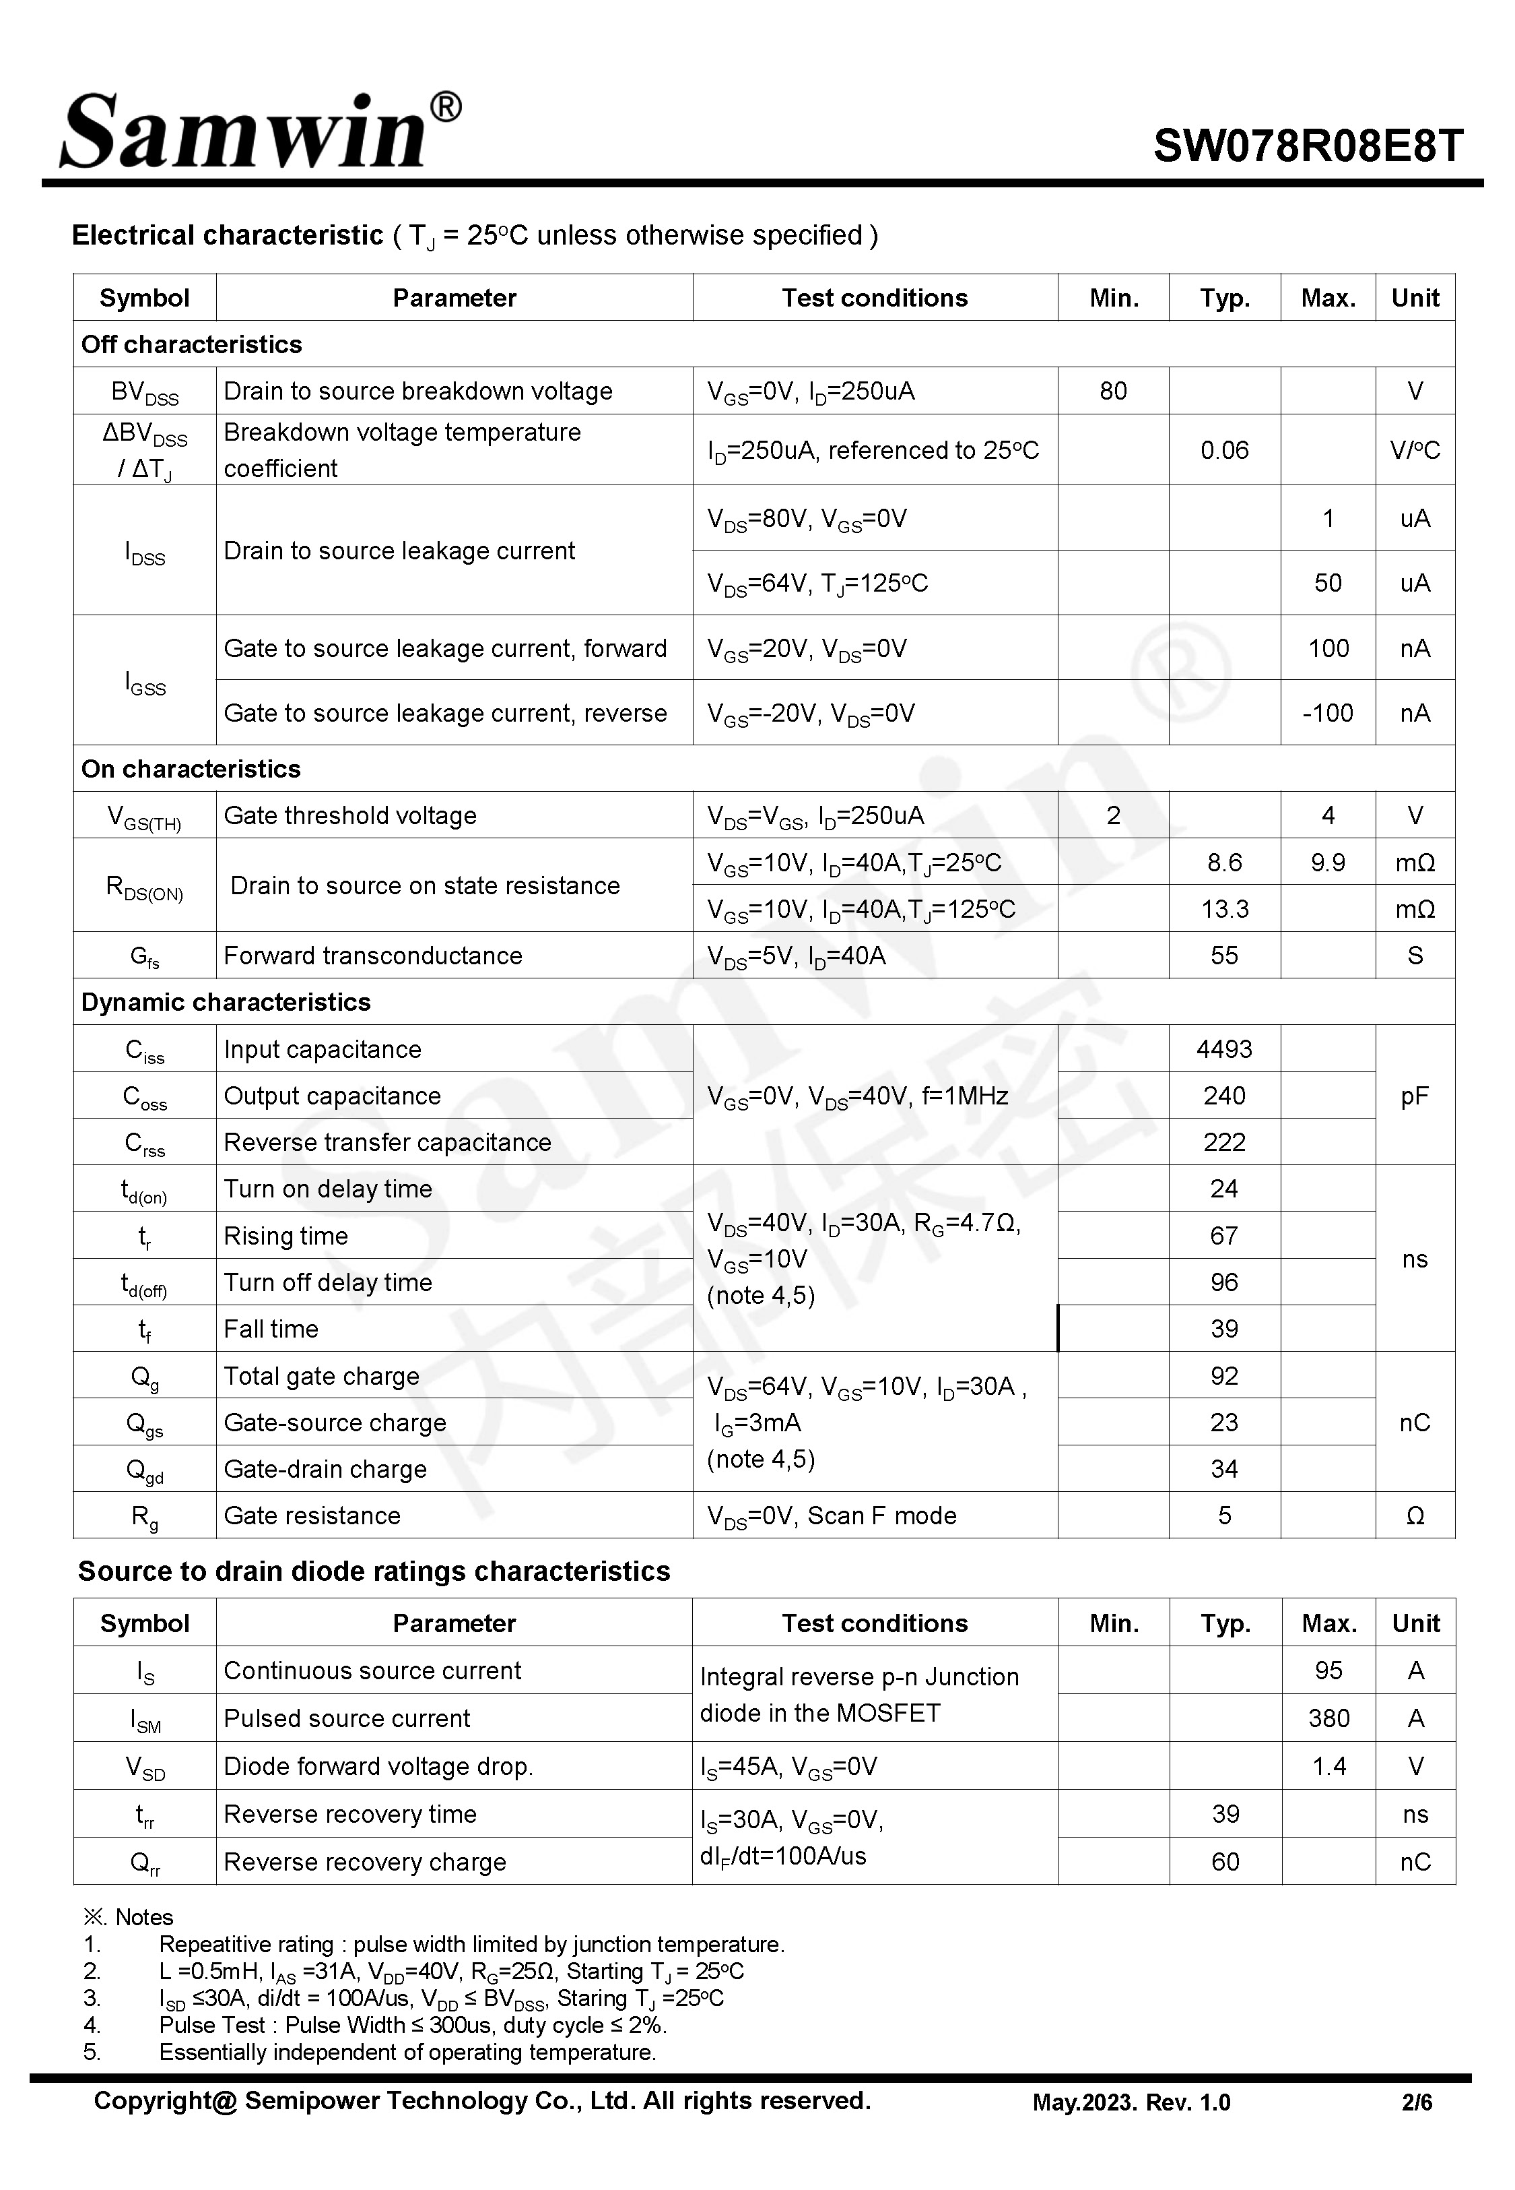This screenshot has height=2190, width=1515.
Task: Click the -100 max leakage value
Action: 1327,712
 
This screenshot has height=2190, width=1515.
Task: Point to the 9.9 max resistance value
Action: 1327,863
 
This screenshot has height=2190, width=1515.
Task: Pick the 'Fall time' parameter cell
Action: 271,1329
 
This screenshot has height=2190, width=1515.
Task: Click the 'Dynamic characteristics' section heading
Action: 226,1002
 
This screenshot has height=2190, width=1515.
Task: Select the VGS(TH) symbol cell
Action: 144,816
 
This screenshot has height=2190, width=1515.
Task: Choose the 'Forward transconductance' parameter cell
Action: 373,956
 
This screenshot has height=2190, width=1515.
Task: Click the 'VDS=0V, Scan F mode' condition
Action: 832,1515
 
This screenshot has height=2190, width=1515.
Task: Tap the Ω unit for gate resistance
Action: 1415,1515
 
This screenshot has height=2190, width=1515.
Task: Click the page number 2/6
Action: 1416,2102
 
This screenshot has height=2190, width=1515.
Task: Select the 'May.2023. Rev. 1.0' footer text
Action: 1131,2102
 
